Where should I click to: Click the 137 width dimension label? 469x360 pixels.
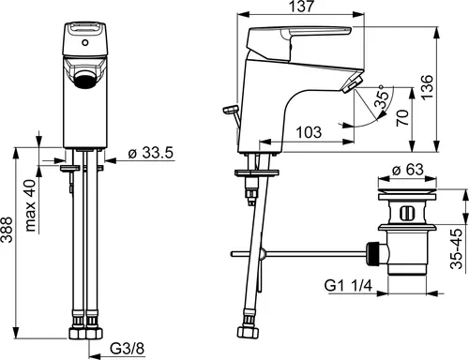[x=301, y=7]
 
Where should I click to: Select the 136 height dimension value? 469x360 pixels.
[x=427, y=87]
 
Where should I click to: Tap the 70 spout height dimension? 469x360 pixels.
[x=402, y=118]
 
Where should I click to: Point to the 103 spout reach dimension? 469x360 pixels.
[x=309, y=132]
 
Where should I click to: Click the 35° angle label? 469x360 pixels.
[x=382, y=97]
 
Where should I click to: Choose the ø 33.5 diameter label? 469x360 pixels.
[x=151, y=153]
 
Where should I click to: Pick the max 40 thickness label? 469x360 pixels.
[x=31, y=205]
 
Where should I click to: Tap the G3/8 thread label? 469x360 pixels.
[x=128, y=349]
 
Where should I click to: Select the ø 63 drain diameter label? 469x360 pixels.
[x=408, y=170]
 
